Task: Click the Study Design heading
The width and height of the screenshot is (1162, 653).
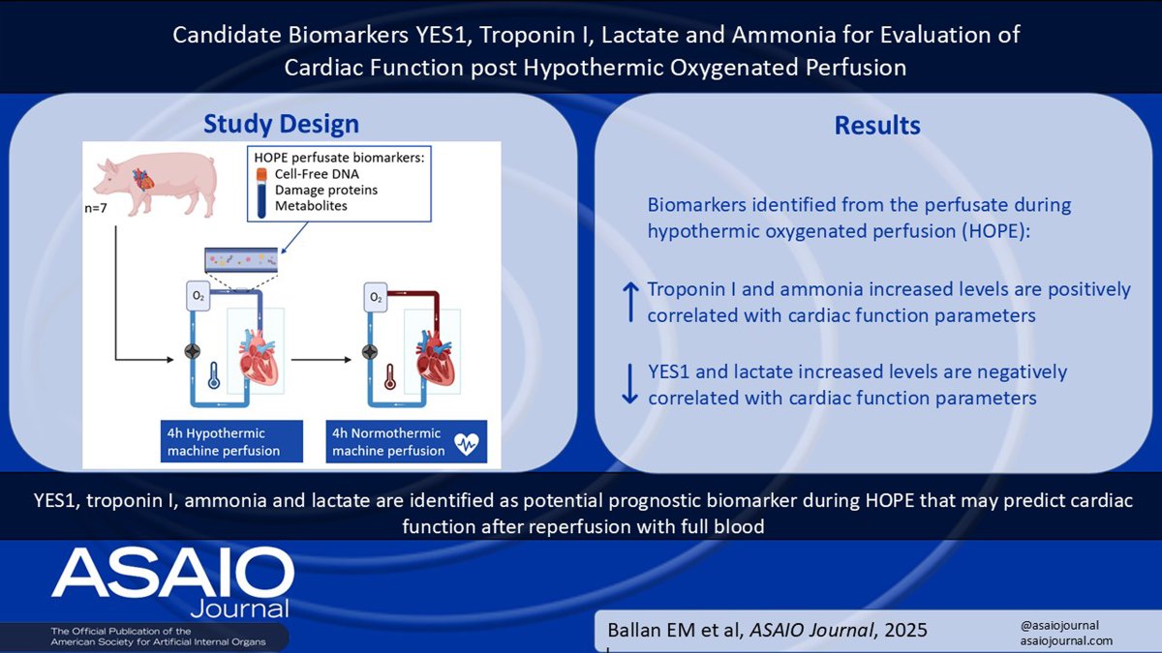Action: click(280, 124)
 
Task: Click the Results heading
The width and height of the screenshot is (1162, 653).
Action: click(876, 126)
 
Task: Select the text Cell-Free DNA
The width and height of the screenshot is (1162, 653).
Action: click(320, 173)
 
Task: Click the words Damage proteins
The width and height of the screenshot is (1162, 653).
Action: click(326, 191)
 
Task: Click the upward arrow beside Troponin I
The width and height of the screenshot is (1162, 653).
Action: click(629, 301)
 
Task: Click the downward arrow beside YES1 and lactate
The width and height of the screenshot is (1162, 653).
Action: click(629, 384)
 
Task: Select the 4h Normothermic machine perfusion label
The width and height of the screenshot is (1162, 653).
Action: click(387, 442)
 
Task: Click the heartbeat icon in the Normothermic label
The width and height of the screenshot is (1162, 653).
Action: click(468, 444)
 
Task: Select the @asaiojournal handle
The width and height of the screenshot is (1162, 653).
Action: click(1059, 625)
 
